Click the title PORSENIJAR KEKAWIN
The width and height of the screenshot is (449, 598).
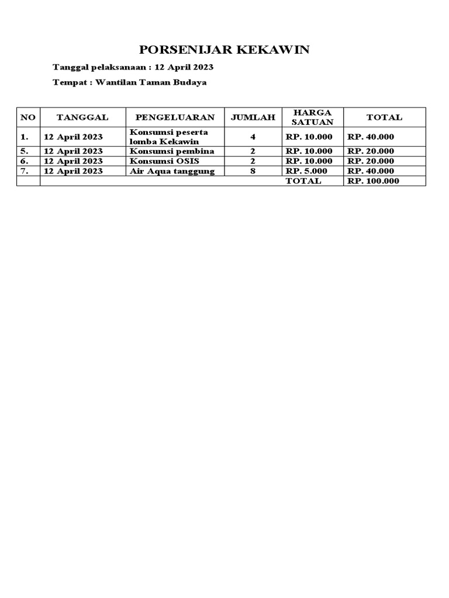tap(224, 50)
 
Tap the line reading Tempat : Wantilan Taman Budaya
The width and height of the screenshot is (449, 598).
tap(129, 82)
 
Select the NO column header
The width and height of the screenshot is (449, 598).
tap(28, 117)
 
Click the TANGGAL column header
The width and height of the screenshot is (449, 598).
tap(82, 117)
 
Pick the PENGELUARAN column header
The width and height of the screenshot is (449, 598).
tap(175, 117)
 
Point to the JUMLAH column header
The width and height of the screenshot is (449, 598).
tap(253, 117)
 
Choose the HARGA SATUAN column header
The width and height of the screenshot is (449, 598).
tap(312, 117)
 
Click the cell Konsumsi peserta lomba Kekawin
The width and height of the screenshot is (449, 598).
tap(169, 137)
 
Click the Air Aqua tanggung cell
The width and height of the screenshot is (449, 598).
tap(172, 171)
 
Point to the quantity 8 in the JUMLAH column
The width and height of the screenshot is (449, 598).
tap(253, 171)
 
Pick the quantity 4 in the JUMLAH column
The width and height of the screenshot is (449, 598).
tap(253, 137)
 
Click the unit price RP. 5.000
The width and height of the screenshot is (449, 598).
tap(306, 171)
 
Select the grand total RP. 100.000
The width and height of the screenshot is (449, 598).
tap(373, 181)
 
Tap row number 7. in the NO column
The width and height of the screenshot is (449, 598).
tap(24, 171)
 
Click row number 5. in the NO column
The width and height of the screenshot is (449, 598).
tap(24, 151)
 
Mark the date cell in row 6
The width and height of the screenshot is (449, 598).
tap(73, 161)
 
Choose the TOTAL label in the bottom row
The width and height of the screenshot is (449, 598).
tap(303, 181)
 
